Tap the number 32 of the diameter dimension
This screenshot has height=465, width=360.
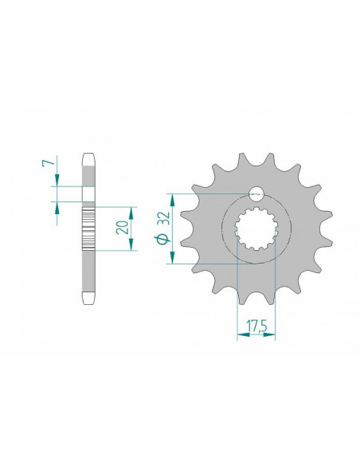pos(162,220)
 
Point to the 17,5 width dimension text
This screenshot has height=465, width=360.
pos(256,326)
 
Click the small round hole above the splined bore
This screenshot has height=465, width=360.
pos(256,193)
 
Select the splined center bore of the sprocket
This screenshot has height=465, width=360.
pos(256,230)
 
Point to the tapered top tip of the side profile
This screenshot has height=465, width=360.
pos(90,158)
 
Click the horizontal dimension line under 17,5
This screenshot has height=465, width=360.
pos(256,335)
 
